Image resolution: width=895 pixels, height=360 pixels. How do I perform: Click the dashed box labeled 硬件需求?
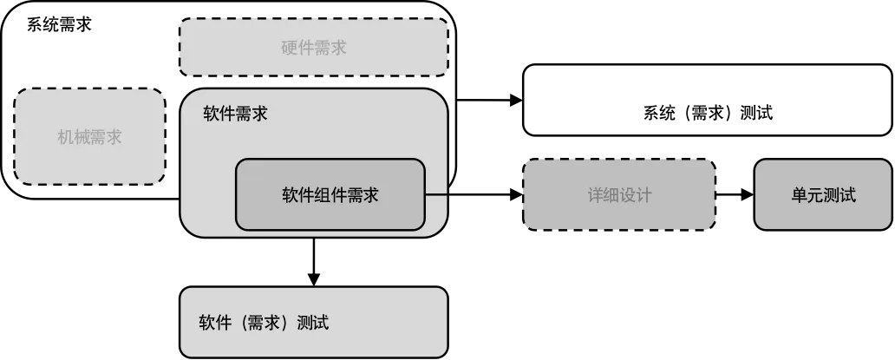313,48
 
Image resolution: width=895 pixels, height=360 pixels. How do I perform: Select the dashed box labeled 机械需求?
89,136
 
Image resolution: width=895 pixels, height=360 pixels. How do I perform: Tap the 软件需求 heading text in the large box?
235,115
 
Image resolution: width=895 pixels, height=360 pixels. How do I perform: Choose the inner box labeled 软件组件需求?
330,195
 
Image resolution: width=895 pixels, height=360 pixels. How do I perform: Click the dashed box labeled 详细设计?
618,195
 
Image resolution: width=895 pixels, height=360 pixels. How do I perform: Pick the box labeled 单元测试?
822,195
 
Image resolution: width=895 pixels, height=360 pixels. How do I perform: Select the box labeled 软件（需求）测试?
313,323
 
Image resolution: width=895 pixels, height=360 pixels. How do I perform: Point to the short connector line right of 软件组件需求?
436,195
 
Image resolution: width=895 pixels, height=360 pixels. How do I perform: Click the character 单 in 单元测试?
799,195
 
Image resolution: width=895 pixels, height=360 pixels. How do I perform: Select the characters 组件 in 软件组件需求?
330,195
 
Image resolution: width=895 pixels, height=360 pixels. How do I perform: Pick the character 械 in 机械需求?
82,137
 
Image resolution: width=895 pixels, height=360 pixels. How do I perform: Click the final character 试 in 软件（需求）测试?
321,324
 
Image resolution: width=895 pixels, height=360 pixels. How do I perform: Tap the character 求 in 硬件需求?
338,48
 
